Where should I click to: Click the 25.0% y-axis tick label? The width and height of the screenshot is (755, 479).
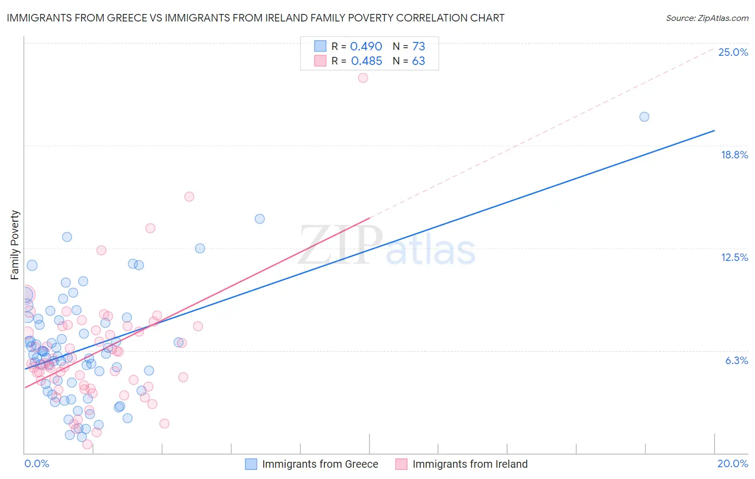(733, 52)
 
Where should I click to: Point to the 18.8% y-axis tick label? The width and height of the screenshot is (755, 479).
(734, 155)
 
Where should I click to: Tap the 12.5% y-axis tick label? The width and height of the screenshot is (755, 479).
(734, 257)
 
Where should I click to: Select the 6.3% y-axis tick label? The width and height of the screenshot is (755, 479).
(736, 360)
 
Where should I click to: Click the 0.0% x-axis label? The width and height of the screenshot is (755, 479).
(37, 463)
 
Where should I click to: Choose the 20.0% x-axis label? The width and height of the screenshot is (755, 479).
(732, 463)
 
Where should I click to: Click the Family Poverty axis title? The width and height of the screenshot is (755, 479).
(15, 245)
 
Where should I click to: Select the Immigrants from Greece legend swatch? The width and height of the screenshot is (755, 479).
(251, 464)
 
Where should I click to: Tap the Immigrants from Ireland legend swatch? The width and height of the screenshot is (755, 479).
(401, 464)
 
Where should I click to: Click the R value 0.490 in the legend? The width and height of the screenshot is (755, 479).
(366, 47)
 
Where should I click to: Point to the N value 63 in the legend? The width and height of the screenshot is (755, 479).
(418, 61)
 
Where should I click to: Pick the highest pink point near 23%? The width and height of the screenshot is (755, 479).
(363, 78)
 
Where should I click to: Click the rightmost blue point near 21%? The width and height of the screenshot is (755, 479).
(644, 117)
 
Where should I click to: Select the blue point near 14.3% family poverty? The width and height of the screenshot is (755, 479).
(260, 219)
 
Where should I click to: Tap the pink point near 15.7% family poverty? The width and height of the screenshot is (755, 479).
(189, 197)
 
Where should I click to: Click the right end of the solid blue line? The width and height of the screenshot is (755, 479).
(714, 130)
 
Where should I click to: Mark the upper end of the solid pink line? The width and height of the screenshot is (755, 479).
(370, 218)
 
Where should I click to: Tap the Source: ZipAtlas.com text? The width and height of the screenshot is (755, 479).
(707, 18)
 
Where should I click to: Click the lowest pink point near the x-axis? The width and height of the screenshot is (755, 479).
(87, 444)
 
